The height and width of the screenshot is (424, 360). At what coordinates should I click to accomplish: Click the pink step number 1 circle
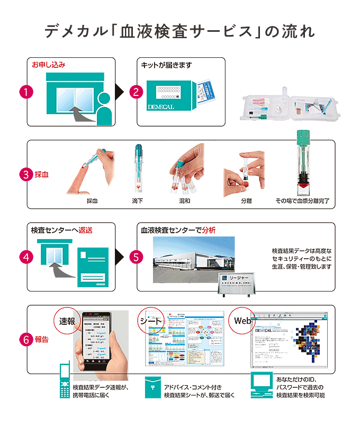click(25, 91)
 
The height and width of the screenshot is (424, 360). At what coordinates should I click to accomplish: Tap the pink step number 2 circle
click(136, 91)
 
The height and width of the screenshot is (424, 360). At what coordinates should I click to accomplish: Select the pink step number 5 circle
click(136, 257)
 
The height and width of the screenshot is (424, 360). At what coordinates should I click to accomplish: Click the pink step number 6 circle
click(26, 339)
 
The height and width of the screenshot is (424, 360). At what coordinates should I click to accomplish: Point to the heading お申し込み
click(49, 65)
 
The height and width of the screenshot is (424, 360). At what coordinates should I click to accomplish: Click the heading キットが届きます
click(166, 65)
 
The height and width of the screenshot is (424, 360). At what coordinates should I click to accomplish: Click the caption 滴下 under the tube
click(138, 201)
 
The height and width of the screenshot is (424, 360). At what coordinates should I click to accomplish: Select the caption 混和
click(185, 201)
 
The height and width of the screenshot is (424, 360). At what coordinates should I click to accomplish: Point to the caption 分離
click(246, 201)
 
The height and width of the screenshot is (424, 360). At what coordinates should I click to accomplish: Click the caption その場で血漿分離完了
click(301, 201)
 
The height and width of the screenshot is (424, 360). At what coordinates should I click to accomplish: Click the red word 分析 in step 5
click(209, 231)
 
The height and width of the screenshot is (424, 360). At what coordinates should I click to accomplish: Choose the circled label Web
click(242, 321)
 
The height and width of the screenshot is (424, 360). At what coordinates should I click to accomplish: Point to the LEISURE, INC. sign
click(237, 282)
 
